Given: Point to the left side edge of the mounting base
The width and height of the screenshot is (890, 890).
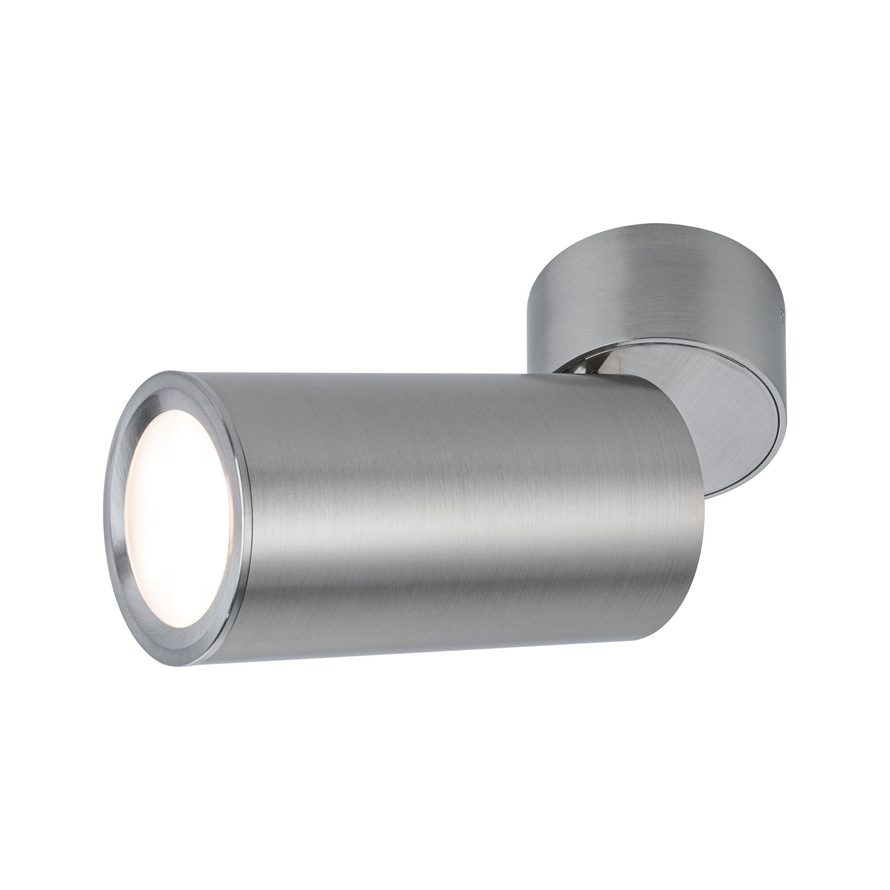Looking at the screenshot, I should point(530,295).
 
